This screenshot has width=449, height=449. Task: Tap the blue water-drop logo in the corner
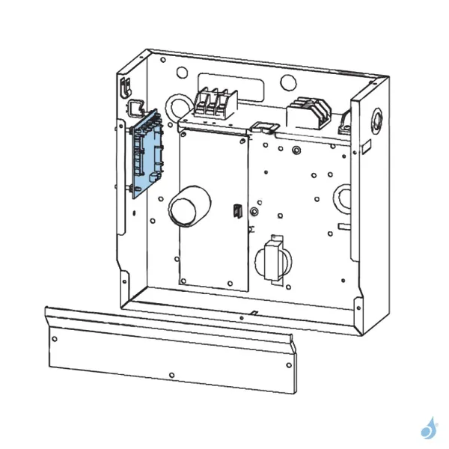pos(429,427)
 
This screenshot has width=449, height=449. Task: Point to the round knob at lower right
pos(273,263)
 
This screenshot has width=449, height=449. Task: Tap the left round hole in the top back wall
pos(182,73)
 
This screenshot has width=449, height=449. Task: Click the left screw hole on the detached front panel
pos(54,337)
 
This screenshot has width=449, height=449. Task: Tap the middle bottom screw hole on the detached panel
pos(171,373)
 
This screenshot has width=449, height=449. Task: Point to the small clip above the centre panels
pos(263,126)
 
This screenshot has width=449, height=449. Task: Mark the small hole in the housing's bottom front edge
pos(241,317)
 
